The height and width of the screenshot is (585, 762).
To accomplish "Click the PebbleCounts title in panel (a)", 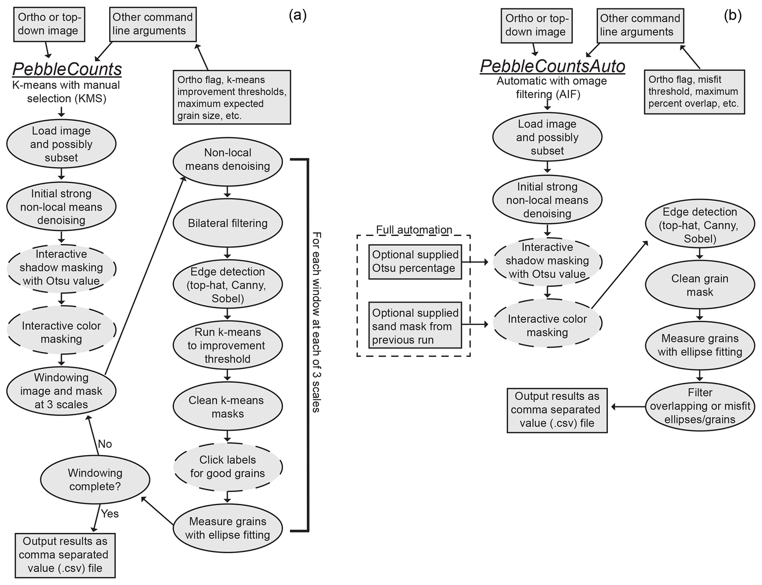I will (x=67, y=69).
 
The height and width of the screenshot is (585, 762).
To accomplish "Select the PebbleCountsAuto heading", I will (x=552, y=66).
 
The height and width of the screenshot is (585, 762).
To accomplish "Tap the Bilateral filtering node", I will (x=227, y=223).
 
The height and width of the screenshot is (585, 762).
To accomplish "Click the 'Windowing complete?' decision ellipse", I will (x=95, y=479).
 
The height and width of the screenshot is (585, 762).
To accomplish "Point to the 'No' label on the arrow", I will (x=105, y=444).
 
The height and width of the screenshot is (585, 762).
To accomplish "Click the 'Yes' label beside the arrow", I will (x=109, y=513).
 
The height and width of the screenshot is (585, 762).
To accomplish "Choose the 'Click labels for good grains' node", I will (x=227, y=466).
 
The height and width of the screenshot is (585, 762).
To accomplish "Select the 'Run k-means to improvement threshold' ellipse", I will (x=227, y=345).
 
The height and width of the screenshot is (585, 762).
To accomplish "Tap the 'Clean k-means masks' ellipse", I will (x=227, y=406).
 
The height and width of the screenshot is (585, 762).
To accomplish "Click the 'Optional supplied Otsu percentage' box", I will (x=415, y=261).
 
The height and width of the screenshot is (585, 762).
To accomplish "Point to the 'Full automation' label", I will (x=414, y=230).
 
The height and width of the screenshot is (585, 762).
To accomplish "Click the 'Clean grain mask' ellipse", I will (x=699, y=285).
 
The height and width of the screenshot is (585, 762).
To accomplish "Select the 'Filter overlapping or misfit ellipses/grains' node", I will (x=699, y=406).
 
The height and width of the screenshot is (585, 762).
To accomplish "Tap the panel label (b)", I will (x=733, y=16).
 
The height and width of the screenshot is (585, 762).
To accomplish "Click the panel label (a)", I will (x=298, y=15).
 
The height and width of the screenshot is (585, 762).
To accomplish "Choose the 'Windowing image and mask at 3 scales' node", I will (x=61, y=391).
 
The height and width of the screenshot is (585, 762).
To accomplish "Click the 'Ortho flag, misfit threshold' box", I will (x=694, y=92).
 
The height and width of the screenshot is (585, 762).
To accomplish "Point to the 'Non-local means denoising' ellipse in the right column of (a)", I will (x=227, y=159).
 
